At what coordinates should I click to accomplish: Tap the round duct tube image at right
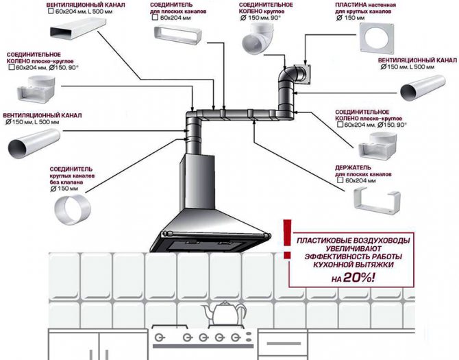(425, 88)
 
